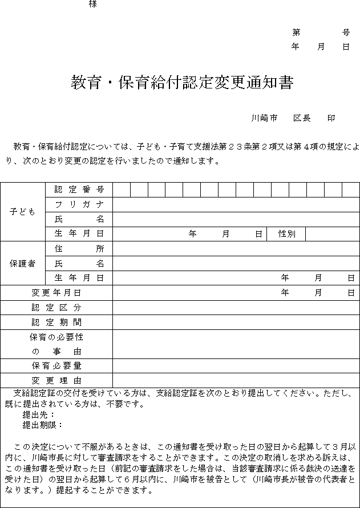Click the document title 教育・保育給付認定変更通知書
pos(182,83)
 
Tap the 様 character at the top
pos(92,5)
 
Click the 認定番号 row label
pos(79,190)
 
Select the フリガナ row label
pos(79,204)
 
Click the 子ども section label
pos(23,212)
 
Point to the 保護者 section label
pos(23,264)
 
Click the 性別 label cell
pos(286,234)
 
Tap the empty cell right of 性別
pos(332,234)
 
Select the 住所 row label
pos(79,249)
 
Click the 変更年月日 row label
pos(56,293)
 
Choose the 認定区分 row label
pos(56,308)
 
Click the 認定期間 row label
pos(56,322)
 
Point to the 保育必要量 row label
pos(56,366)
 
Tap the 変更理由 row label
pos(56,381)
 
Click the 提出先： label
pos(38,415)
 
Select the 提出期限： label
pos(42,425)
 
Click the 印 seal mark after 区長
pos(331,118)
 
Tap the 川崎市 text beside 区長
pos(264,118)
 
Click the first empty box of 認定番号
pos(122,190)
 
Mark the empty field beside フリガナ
pos(236,204)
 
